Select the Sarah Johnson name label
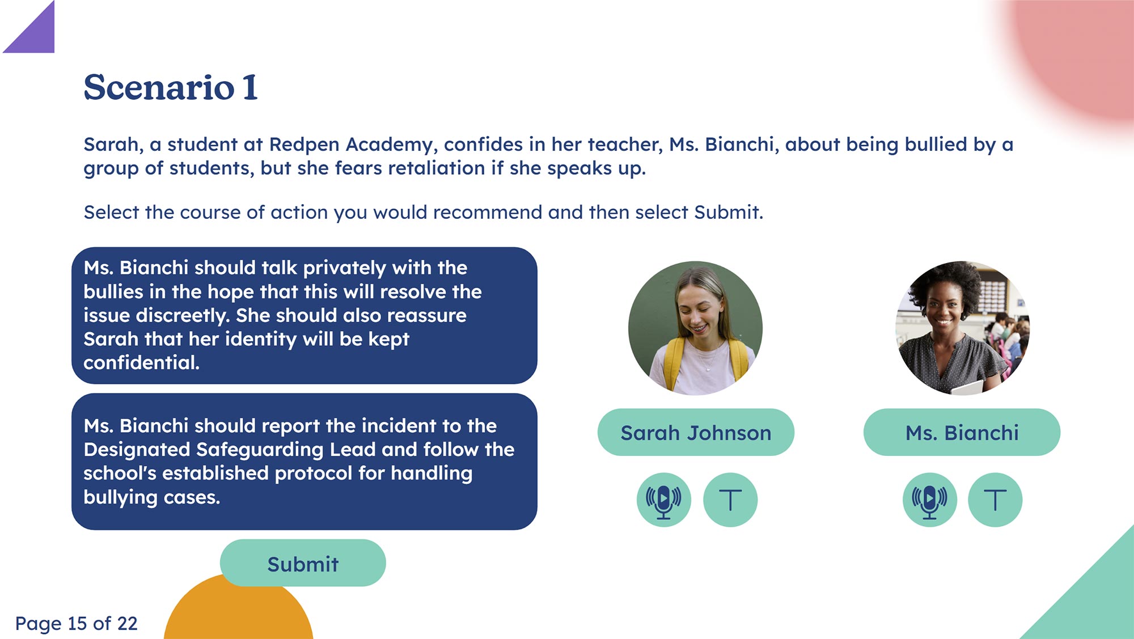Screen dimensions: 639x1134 point(696,433)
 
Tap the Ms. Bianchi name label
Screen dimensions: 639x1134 point(962,433)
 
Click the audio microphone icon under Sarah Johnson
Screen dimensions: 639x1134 point(663,500)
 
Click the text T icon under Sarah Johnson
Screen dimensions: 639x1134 point(730,500)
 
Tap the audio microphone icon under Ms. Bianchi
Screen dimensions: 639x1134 point(929,500)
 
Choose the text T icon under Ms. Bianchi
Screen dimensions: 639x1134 point(995,500)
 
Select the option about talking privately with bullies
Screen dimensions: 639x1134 point(304,315)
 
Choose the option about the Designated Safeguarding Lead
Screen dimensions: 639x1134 point(304,462)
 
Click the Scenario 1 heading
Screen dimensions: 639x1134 point(171,87)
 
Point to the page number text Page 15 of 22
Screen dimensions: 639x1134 point(77,624)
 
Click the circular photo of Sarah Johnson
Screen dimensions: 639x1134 point(695,328)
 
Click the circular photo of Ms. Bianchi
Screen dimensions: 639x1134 point(962,328)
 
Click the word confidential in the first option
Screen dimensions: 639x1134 point(141,363)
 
